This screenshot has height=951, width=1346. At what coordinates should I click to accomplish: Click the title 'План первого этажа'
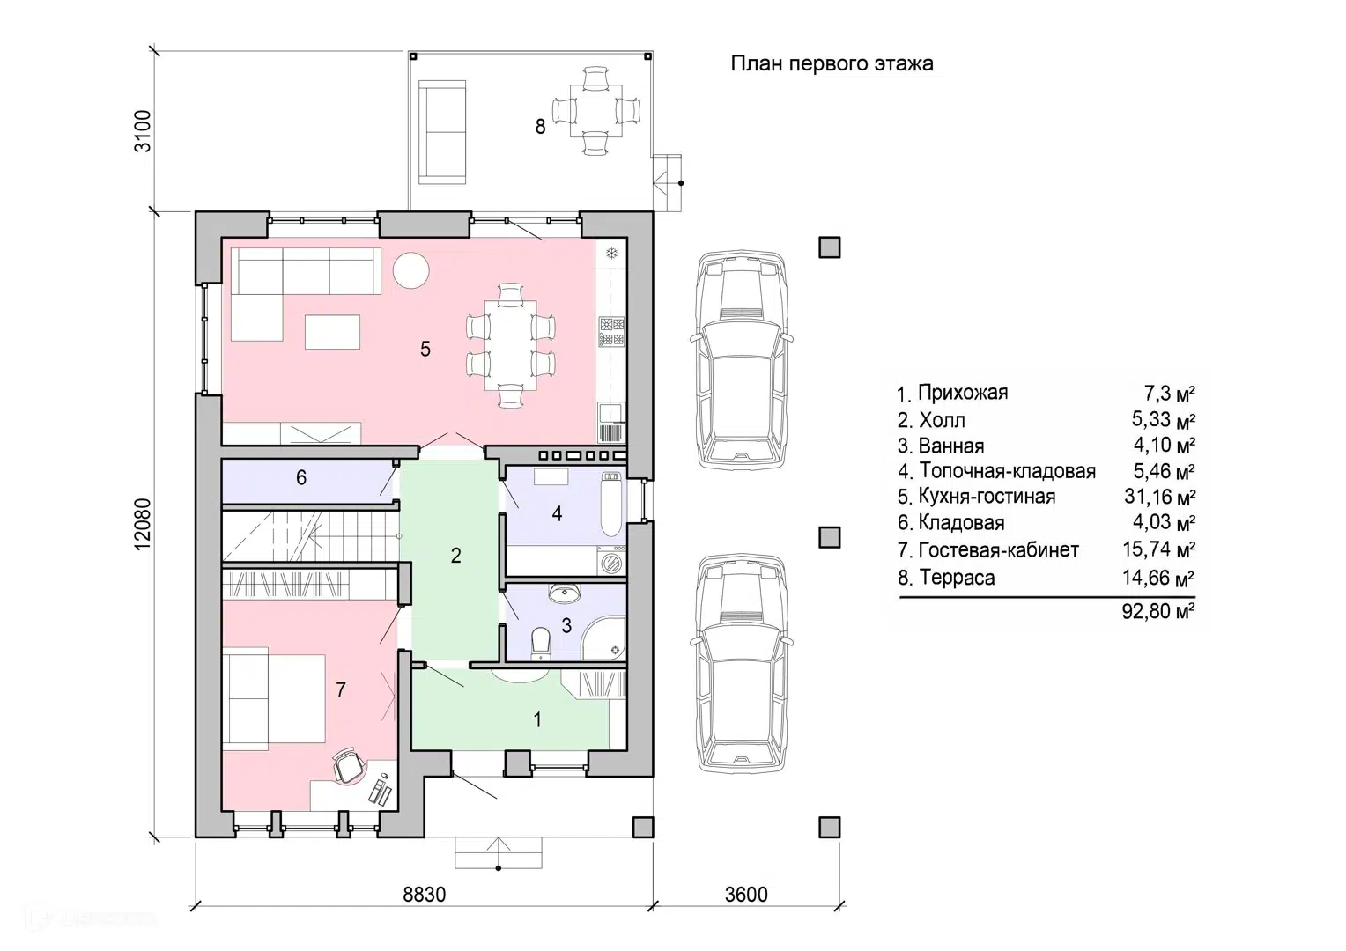tap(832, 63)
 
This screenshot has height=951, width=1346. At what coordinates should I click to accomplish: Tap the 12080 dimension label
tap(143, 524)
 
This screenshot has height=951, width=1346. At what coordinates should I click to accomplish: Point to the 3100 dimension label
tap(143, 131)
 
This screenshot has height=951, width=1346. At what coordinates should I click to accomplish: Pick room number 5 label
tap(425, 349)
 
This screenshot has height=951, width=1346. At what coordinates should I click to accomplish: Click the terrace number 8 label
tap(540, 127)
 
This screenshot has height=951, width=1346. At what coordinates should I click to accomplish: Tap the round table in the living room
tap(411, 270)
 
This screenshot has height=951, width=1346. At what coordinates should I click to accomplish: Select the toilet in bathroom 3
tap(541, 644)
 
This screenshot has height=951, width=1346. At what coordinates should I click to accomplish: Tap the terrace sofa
tap(442, 132)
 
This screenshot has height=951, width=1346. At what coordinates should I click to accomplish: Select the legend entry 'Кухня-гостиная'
tap(987, 497)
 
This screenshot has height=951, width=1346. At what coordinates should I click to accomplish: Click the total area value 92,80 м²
tap(1157, 611)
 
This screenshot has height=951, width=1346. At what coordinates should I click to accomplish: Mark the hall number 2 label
tap(456, 556)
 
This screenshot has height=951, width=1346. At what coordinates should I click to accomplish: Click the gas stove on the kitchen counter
tap(612, 332)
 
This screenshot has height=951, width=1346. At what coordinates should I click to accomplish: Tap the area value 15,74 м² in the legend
tap(1159, 549)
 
